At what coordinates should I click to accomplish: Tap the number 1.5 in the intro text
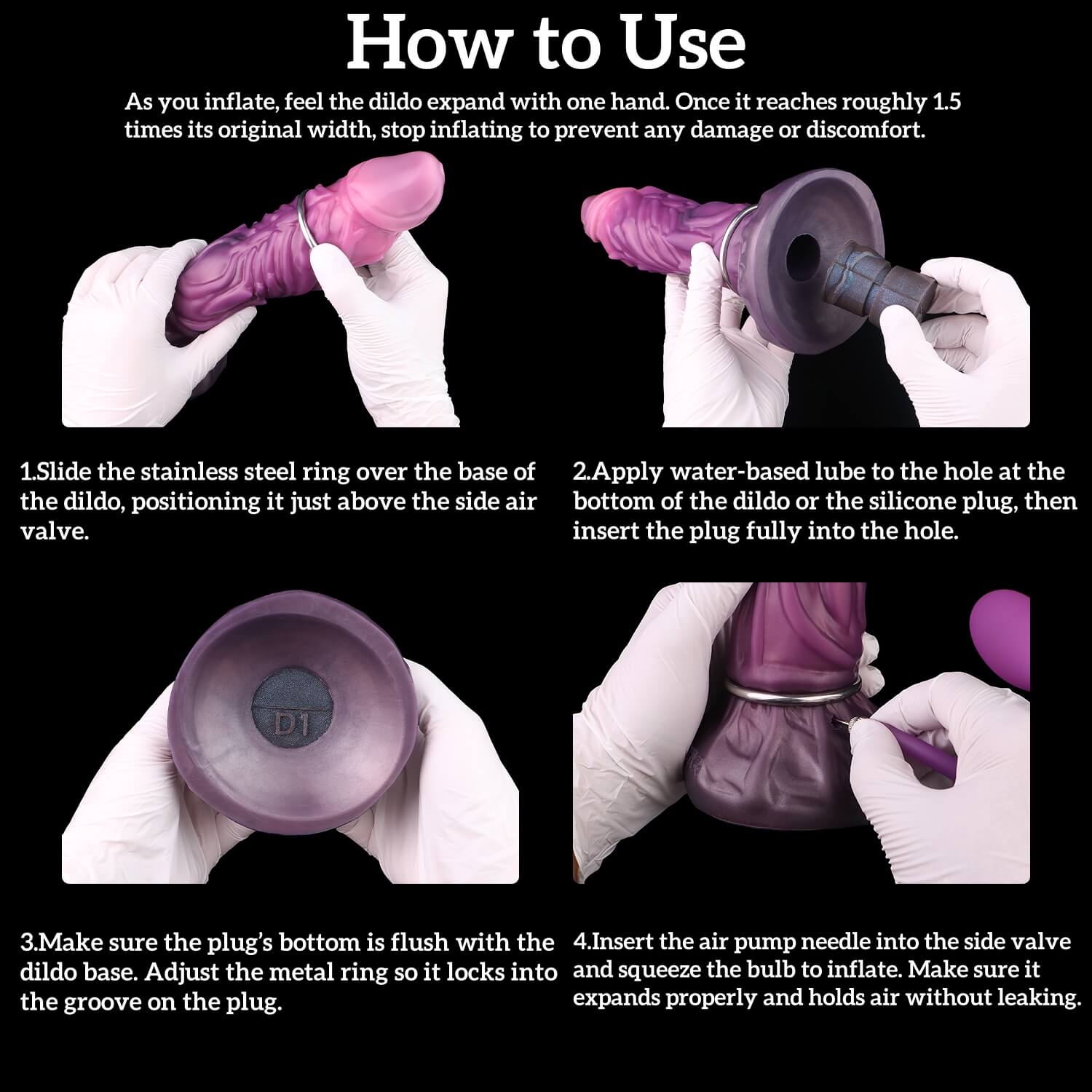pyautogui.click(x=946, y=101)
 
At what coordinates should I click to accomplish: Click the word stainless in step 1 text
pyautogui.click(x=179, y=472)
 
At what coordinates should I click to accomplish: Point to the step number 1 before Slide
pyautogui.click(x=26, y=472)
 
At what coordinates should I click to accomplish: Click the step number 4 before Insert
pyautogui.click(x=580, y=941)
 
